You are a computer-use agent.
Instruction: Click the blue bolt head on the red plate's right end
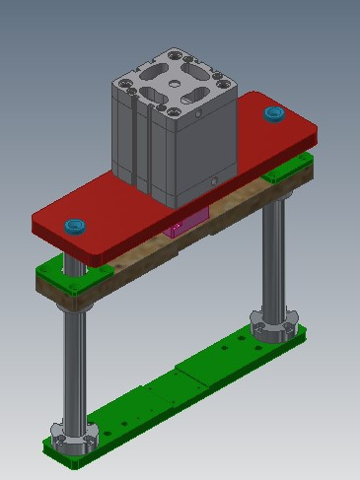coord(273,115)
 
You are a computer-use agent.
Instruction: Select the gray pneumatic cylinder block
coord(173,138)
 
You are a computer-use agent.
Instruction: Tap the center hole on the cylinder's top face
coord(174,84)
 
